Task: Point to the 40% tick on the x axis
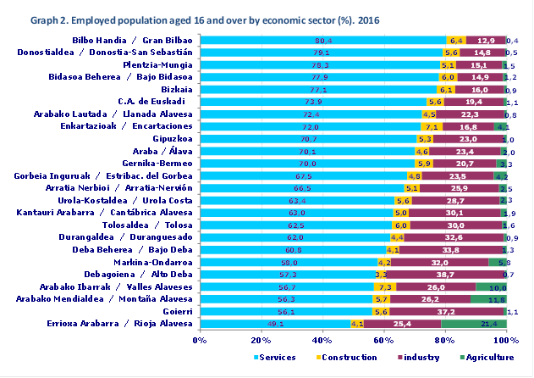322,341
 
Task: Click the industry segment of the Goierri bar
448,312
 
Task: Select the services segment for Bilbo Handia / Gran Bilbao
323,41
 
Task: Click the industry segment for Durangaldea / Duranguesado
454,237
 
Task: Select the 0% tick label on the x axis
200,341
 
